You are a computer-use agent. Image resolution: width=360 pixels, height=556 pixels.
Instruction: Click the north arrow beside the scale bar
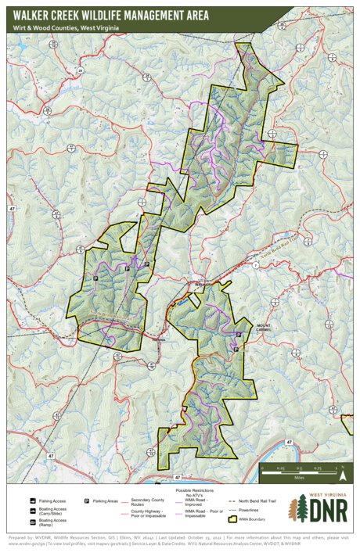click(x=341, y=472)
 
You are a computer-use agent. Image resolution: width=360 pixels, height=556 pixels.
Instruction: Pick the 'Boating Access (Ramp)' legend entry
click(x=47, y=522)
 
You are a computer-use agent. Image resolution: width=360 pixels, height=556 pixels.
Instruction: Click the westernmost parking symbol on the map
click(x=96, y=277)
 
